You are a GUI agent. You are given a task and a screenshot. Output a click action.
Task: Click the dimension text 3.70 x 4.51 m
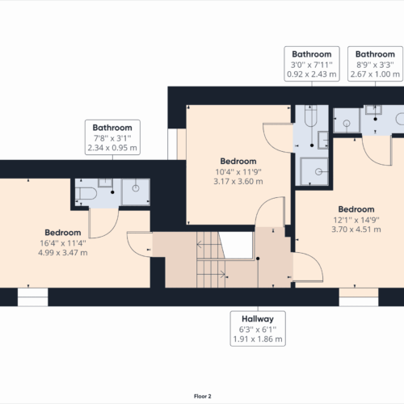(356, 228)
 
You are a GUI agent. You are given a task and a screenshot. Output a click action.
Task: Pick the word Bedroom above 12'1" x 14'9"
(356, 208)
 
